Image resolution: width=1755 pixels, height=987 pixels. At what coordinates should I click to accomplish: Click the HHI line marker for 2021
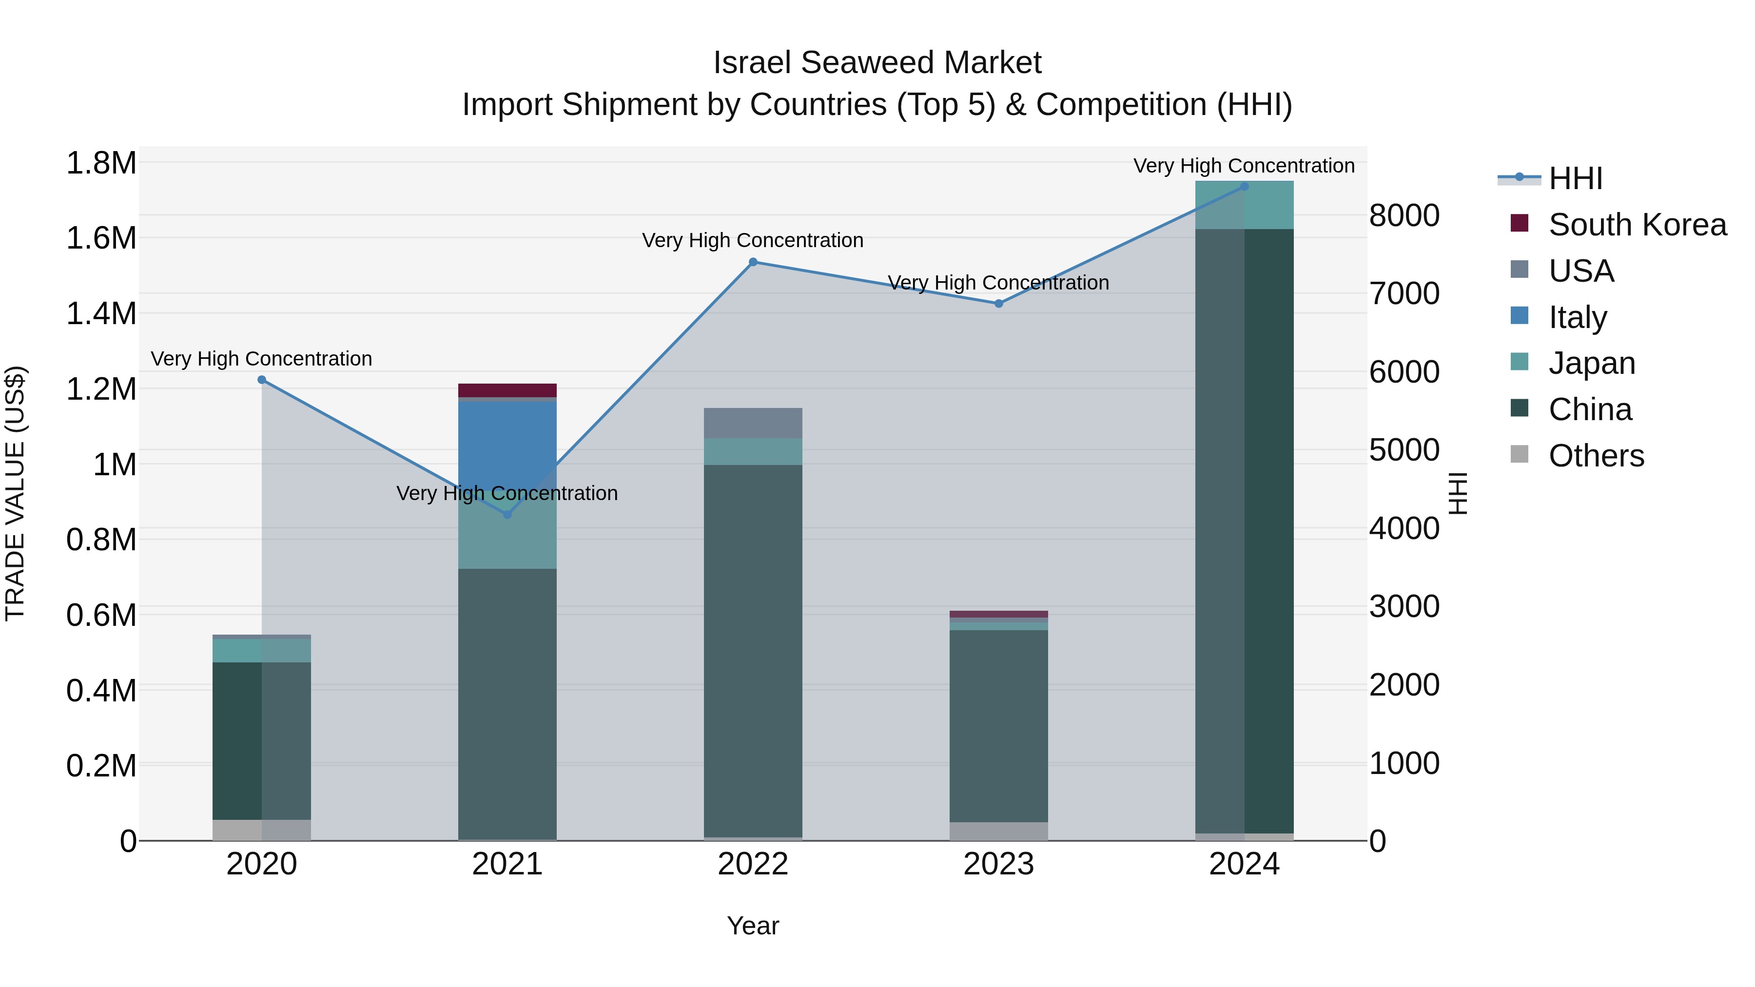pos(507,514)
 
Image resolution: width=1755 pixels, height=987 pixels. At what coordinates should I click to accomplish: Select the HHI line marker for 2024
pos(1244,186)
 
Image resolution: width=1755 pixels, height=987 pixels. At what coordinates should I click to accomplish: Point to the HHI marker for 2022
pos(753,262)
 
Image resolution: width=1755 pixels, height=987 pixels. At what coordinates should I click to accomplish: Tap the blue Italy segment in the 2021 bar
pos(507,436)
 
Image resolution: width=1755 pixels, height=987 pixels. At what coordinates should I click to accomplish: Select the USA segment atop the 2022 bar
pos(753,423)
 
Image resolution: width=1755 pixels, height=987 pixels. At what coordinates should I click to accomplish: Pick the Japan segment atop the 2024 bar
pos(1244,205)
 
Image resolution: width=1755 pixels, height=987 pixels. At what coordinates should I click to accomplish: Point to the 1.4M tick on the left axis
pos(101,314)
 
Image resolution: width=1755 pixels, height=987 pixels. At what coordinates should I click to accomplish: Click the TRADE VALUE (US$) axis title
pos(16,493)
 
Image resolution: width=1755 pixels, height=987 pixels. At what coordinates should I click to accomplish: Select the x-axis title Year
pos(753,926)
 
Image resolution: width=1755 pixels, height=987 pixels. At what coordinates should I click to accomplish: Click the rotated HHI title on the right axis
pos(1457,493)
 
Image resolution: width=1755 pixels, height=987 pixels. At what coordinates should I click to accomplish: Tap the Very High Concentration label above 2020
pos(262,359)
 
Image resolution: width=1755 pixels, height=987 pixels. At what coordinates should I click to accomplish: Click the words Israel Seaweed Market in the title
pos(877,63)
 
